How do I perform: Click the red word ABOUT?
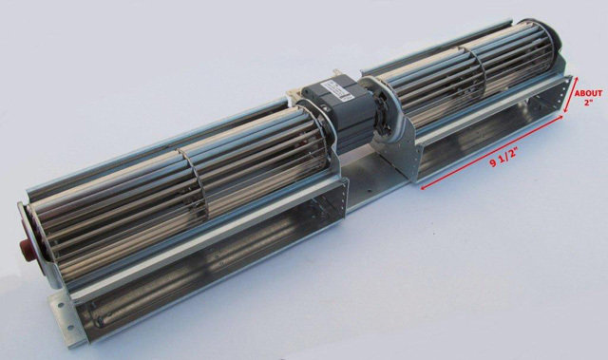588,93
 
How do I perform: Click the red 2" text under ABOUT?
589,103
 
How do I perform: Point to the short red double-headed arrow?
571,95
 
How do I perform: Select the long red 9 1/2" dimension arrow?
492,153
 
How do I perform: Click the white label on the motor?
336,92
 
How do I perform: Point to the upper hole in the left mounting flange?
61,305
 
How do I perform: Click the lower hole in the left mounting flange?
70,329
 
